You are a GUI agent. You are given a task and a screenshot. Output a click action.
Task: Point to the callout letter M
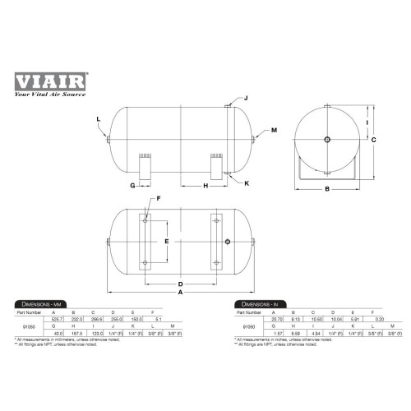pos(274,131)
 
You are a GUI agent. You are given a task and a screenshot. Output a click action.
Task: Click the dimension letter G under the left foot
pos(132,187)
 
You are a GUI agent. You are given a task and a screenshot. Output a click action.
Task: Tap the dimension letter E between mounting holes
pos(168,241)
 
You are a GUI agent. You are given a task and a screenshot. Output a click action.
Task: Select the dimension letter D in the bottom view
pos(181,284)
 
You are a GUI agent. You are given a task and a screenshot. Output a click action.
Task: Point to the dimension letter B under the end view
pos(326,191)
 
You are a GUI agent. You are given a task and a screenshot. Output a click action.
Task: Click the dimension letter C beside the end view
pos(373,141)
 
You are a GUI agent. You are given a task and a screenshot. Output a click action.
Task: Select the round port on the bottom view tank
pos(228,241)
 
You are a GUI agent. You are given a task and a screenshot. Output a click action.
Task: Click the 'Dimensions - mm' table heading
pos(39,305)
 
